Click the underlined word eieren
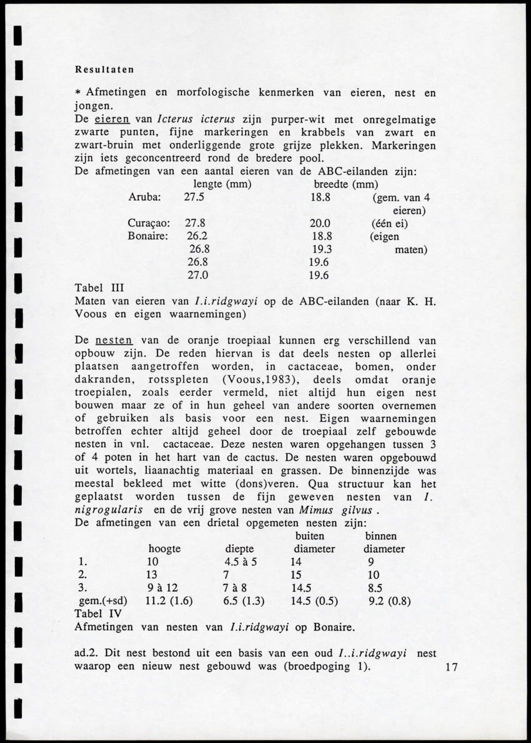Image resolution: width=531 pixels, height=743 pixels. pos(112,119)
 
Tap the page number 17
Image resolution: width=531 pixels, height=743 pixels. pos(452,667)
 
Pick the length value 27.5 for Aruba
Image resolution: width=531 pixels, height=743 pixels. pos(194,196)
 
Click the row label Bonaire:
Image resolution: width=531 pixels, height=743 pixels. pos(148,237)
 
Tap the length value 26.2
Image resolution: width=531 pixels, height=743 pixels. pos(197,237)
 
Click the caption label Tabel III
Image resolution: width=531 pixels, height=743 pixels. pos(100,288)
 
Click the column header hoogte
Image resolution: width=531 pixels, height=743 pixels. pos(164,548)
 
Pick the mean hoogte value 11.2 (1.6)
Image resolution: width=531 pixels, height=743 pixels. pos(169,601)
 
